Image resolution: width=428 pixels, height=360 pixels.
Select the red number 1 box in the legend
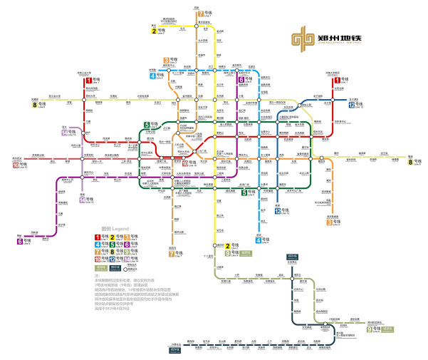[x=97, y=237]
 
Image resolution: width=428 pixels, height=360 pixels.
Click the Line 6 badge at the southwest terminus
[x=20, y=241]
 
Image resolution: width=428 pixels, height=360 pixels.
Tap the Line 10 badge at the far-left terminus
[x=15, y=165]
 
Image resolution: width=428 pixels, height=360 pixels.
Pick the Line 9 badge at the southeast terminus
[x=370, y=329]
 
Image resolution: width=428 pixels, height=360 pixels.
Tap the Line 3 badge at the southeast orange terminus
[x=330, y=222]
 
